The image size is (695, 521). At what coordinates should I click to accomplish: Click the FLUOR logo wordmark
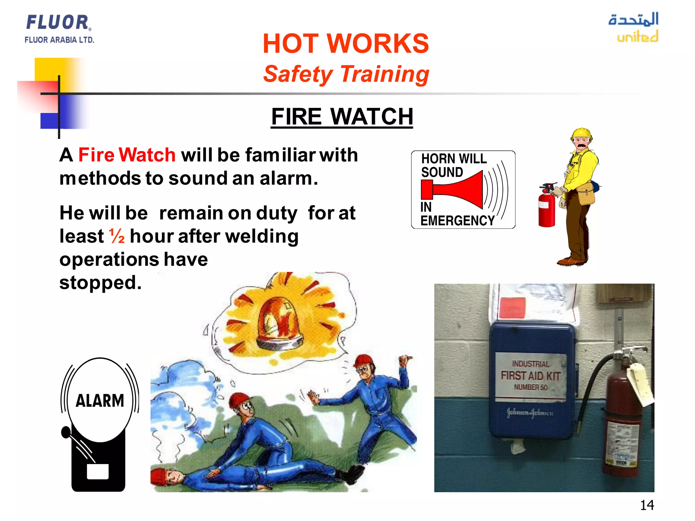point(58,22)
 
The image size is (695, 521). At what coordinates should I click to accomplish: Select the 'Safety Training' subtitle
point(346,74)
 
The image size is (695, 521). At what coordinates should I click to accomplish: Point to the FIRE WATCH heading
point(342,116)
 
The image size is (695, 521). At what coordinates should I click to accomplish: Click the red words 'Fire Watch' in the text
point(127,155)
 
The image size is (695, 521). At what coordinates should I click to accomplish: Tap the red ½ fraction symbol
point(117,236)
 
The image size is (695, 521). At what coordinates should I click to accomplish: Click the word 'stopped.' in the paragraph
point(100,283)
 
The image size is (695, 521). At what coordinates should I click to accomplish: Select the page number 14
point(647,505)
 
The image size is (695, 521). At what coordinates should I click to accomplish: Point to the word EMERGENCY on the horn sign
point(457,220)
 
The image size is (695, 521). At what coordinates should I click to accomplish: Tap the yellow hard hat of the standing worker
point(582,133)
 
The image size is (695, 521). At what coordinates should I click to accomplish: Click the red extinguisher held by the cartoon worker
point(547,209)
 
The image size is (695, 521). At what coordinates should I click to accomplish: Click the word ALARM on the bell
point(100,401)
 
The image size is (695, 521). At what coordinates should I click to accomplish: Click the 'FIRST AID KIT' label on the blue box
point(530,375)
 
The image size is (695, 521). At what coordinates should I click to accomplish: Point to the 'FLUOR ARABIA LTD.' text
point(59,40)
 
